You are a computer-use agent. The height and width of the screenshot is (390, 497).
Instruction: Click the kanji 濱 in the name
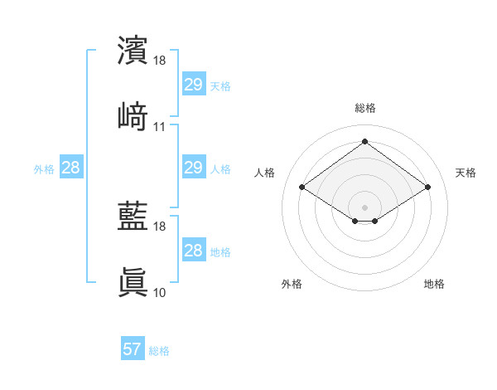click(x=133, y=50)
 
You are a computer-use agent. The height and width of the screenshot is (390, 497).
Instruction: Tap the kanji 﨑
click(x=133, y=115)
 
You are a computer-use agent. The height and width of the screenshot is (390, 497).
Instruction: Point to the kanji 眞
click(x=133, y=282)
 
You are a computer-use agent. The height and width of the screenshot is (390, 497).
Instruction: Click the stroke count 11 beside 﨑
click(x=160, y=127)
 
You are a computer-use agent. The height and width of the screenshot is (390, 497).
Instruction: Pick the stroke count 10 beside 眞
click(x=160, y=292)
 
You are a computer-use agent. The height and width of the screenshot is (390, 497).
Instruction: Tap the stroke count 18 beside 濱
click(x=160, y=61)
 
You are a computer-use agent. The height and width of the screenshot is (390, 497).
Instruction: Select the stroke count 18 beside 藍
click(x=160, y=227)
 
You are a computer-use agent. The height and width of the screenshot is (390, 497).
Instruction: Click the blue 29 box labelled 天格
click(x=193, y=84)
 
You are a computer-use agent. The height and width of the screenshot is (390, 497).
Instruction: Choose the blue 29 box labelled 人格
click(x=193, y=168)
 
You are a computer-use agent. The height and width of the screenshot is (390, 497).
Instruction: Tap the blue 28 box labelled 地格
click(x=193, y=251)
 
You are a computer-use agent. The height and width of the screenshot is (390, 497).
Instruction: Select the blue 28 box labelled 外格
click(x=71, y=168)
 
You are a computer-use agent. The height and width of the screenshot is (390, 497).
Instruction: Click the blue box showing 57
click(x=133, y=349)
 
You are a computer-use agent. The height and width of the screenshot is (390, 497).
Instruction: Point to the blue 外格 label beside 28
click(x=44, y=169)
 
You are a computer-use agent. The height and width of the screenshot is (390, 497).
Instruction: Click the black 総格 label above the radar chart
click(x=364, y=108)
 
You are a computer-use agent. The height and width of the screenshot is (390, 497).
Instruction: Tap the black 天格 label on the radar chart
click(x=466, y=173)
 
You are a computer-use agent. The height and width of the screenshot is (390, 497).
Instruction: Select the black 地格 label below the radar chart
click(x=434, y=284)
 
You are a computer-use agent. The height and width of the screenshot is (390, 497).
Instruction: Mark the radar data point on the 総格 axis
click(x=364, y=141)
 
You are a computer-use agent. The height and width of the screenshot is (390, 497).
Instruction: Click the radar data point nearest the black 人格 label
click(x=302, y=188)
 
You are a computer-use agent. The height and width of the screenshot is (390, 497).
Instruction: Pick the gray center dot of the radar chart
click(x=364, y=207)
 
